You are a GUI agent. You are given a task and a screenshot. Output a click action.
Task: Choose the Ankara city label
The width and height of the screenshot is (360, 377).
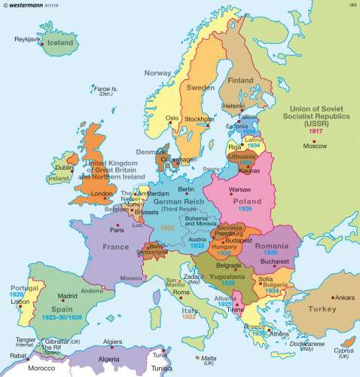pos(344,297)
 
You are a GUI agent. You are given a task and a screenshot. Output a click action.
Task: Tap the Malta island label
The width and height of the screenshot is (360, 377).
pos(207,360)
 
